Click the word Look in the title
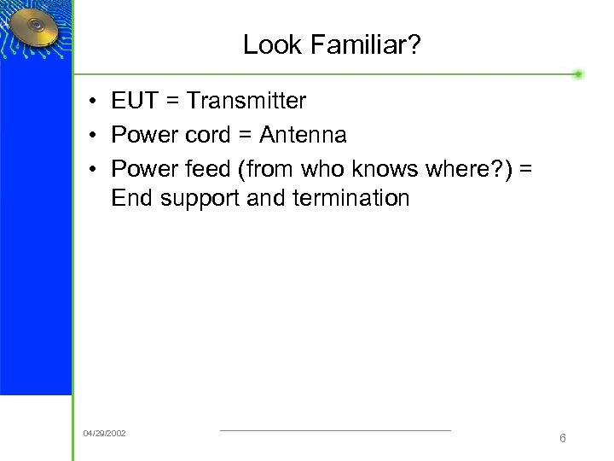tap(268, 44)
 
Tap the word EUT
tap(134, 101)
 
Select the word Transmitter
tap(246, 101)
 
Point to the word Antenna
tap(303, 135)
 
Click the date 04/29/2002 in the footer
tap(104, 434)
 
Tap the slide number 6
tap(563, 438)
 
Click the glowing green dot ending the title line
tap(578, 74)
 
